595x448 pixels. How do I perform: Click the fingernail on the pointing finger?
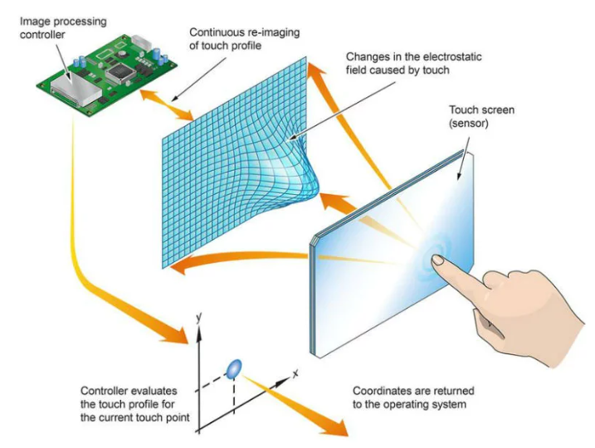point(438,261)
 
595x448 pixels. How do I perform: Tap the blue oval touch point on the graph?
point(234,369)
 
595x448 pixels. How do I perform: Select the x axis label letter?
point(295,373)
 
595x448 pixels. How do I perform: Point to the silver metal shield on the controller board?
point(76,90)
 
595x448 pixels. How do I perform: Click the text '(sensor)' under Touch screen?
point(468,124)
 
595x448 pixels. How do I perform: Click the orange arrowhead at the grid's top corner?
point(315,73)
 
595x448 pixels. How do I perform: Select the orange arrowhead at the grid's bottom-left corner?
point(183,265)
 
